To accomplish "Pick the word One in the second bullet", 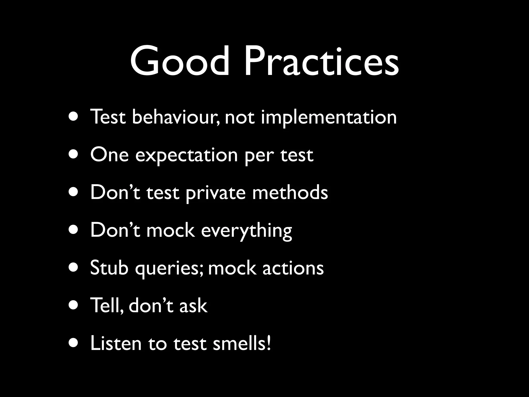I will (x=109, y=155).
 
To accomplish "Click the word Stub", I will (x=109, y=268).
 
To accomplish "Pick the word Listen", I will (x=116, y=343).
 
